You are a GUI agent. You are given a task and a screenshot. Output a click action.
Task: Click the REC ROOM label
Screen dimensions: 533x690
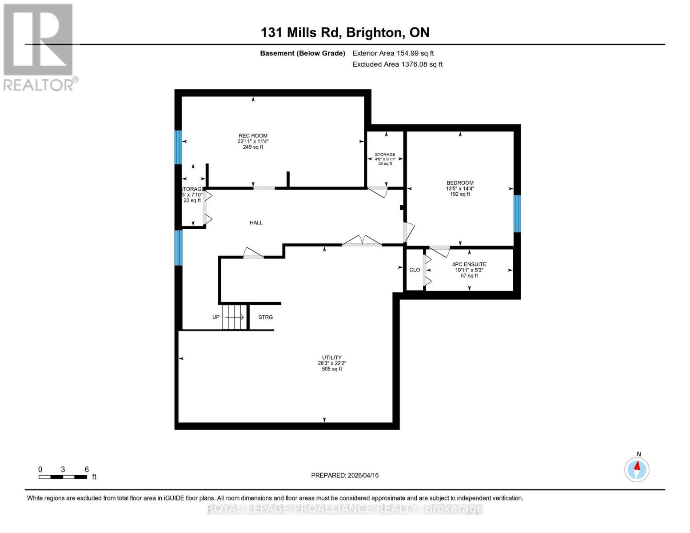pos(253,136)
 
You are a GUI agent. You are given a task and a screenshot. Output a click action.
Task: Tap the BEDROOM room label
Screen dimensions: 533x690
pos(460,183)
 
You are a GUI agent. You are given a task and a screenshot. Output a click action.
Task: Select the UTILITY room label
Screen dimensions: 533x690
pos(331,358)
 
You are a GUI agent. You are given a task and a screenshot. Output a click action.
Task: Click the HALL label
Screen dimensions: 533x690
pos(256,223)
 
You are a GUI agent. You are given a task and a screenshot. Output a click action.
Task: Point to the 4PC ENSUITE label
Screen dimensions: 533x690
pos(469,264)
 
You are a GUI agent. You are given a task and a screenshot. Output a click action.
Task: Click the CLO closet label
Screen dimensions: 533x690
pos(414,270)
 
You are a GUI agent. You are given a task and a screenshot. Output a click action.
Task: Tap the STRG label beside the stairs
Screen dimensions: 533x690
pos(265,317)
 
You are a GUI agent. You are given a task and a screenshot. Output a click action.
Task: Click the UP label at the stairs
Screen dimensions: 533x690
pos(216,317)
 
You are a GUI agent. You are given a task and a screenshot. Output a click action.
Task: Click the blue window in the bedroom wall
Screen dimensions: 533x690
pos(517,214)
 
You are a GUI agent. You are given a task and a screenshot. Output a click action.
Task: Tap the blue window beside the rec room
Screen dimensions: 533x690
pos(178,147)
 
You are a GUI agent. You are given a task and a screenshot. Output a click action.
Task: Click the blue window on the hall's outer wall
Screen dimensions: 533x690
pos(178,247)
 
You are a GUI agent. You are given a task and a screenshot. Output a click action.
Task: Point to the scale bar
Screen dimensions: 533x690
pos(63,477)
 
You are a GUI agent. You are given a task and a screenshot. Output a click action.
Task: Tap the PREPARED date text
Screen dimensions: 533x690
pos(345,475)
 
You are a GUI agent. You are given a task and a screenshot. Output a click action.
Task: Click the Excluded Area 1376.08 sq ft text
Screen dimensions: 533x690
pos(397,64)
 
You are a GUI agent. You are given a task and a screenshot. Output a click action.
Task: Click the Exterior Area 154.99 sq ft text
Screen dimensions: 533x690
pos(393,53)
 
